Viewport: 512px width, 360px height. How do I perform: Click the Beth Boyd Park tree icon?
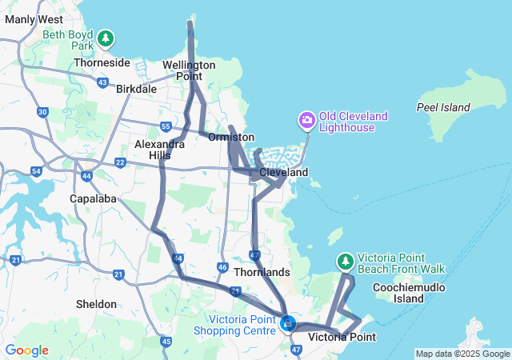coord(105,38)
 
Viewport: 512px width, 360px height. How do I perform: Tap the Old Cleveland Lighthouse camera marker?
coord(306,121)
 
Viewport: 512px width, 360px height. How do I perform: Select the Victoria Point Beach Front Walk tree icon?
coord(346,262)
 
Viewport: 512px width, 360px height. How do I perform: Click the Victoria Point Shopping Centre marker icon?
coord(288,324)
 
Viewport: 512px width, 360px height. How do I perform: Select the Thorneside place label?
coord(102,62)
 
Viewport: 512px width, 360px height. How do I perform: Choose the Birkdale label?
coord(136,89)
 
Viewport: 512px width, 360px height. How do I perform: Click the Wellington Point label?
coord(189,70)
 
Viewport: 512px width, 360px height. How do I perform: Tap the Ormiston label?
coord(231,138)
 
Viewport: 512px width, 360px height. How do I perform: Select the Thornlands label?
coord(262,272)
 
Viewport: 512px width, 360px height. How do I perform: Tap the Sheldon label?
coord(97,304)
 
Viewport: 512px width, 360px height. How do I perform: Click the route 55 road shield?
coord(165,126)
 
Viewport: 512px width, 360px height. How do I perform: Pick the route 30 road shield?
coord(42,112)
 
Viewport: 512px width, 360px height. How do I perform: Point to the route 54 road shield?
coord(36,171)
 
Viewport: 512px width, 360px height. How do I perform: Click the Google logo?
coord(26,350)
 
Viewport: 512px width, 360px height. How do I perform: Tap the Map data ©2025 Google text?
coord(462,354)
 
